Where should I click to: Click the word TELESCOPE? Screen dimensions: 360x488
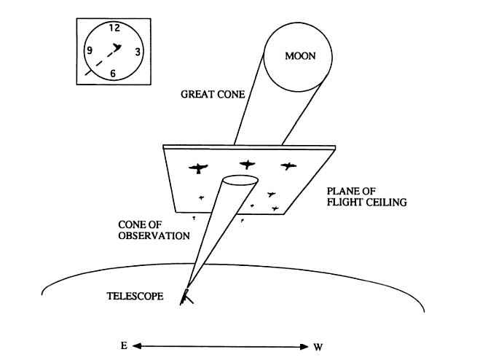coord(135,297)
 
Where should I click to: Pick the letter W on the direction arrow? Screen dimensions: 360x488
coord(318,345)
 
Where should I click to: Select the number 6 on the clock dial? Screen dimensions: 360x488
coord(113,74)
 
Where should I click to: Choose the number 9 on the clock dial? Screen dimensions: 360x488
coord(89,50)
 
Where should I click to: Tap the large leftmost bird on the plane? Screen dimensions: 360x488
coord(198,168)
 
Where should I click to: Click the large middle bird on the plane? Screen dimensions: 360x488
coord(248,165)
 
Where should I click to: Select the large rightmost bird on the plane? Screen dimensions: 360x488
coord(289,166)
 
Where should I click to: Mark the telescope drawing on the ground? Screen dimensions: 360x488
coord(188,296)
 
